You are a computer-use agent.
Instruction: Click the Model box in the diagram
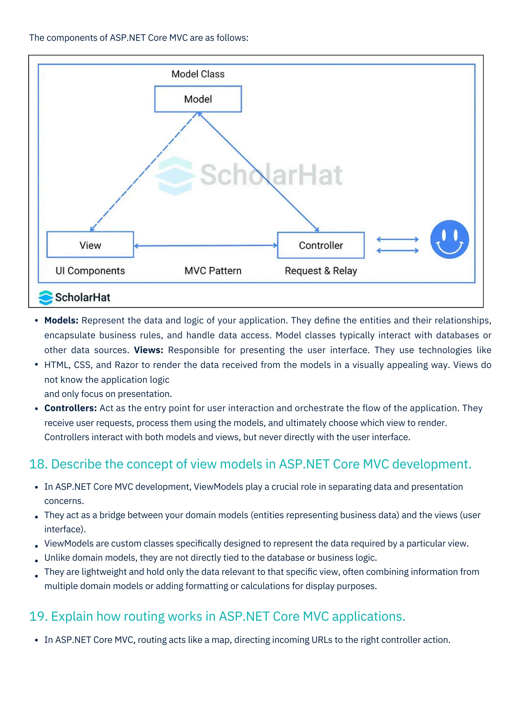pyautogui.click(x=198, y=99)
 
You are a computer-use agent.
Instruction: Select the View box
pyautogui.click(x=90, y=245)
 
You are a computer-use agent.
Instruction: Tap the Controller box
pyautogui.click(x=321, y=245)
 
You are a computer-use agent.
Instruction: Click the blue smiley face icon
pyautogui.click(x=449, y=239)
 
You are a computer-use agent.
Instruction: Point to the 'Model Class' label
pyautogui.click(x=198, y=74)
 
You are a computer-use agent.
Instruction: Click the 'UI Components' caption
pyautogui.click(x=90, y=271)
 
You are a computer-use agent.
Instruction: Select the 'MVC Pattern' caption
pyautogui.click(x=213, y=271)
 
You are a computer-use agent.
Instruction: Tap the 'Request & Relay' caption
pyautogui.click(x=321, y=271)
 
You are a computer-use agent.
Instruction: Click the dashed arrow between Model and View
pyautogui.click(x=143, y=172)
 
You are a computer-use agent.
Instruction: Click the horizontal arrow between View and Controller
pyautogui.click(x=205, y=245)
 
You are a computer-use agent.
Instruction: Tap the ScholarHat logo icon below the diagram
pyautogui.click(x=46, y=297)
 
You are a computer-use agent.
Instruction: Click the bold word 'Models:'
pyautogui.click(x=61, y=320)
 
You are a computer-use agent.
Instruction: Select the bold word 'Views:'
pyautogui.click(x=148, y=350)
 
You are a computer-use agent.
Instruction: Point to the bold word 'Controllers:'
pyautogui.click(x=70, y=408)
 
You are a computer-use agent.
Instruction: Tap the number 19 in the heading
pyautogui.click(x=37, y=616)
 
